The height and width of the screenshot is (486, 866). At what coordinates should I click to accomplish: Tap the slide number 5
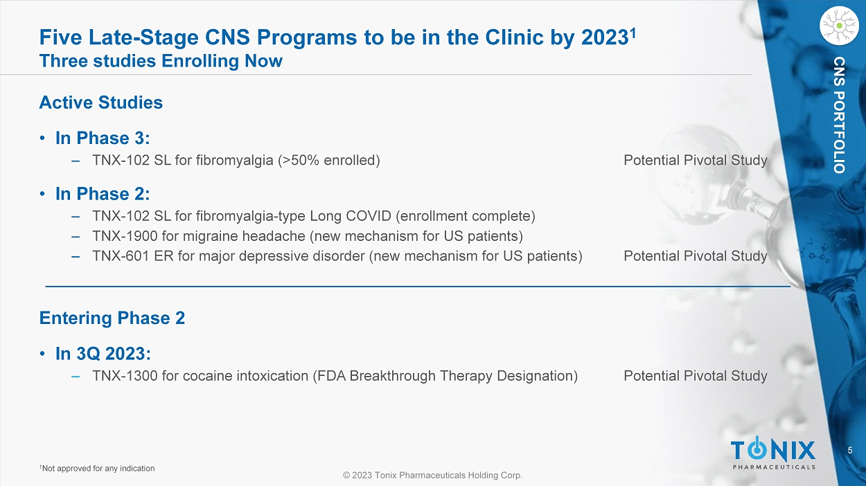click(x=850, y=450)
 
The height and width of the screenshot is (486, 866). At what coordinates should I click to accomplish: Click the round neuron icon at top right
click(x=839, y=26)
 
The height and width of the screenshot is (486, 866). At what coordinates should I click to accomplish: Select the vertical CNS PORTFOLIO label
click(x=839, y=115)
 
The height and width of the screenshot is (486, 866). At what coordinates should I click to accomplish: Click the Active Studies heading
click(x=101, y=102)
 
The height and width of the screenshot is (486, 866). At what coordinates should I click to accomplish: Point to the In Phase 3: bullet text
click(x=103, y=138)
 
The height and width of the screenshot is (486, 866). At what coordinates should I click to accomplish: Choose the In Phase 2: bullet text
click(x=103, y=194)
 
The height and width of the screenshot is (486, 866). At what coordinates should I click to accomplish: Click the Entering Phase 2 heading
click(x=112, y=318)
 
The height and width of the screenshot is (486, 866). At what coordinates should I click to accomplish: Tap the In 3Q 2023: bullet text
click(x=103, y=354)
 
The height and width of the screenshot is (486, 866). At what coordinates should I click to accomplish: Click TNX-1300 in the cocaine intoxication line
click(x=125, y=376)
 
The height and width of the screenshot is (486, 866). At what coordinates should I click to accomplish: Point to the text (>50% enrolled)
click(x=329, y=161)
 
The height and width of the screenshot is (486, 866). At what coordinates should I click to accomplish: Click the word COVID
click(x=369, y=216)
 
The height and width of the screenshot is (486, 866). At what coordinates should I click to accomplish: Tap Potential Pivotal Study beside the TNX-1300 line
click(x=696, y=376)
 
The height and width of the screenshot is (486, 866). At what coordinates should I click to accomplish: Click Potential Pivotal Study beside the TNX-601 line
click(x=696, y=256)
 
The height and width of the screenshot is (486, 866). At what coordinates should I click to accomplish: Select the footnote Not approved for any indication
click(x=98, y=469)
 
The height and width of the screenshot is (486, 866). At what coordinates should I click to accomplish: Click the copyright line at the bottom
click(x=432, y=475)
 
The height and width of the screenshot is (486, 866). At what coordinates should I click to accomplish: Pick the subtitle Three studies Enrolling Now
click(x=161, y=61)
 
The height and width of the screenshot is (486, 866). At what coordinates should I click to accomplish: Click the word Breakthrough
click(x=392, y=376)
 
